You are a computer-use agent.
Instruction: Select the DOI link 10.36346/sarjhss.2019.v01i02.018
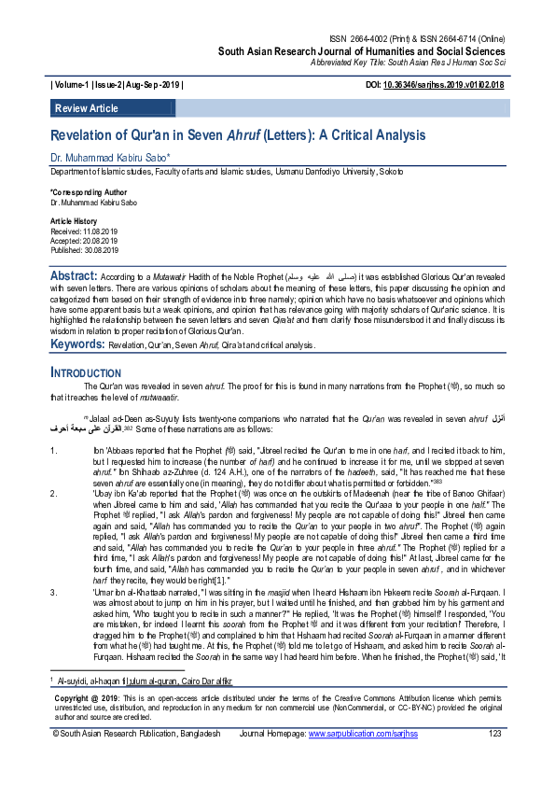coord(446,85)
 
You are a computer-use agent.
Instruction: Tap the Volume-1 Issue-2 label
coord(118,85)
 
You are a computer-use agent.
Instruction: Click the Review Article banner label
coord(87,108)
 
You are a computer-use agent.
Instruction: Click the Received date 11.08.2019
coord(84,231)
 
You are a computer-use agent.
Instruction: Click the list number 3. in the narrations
coord(54,592)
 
